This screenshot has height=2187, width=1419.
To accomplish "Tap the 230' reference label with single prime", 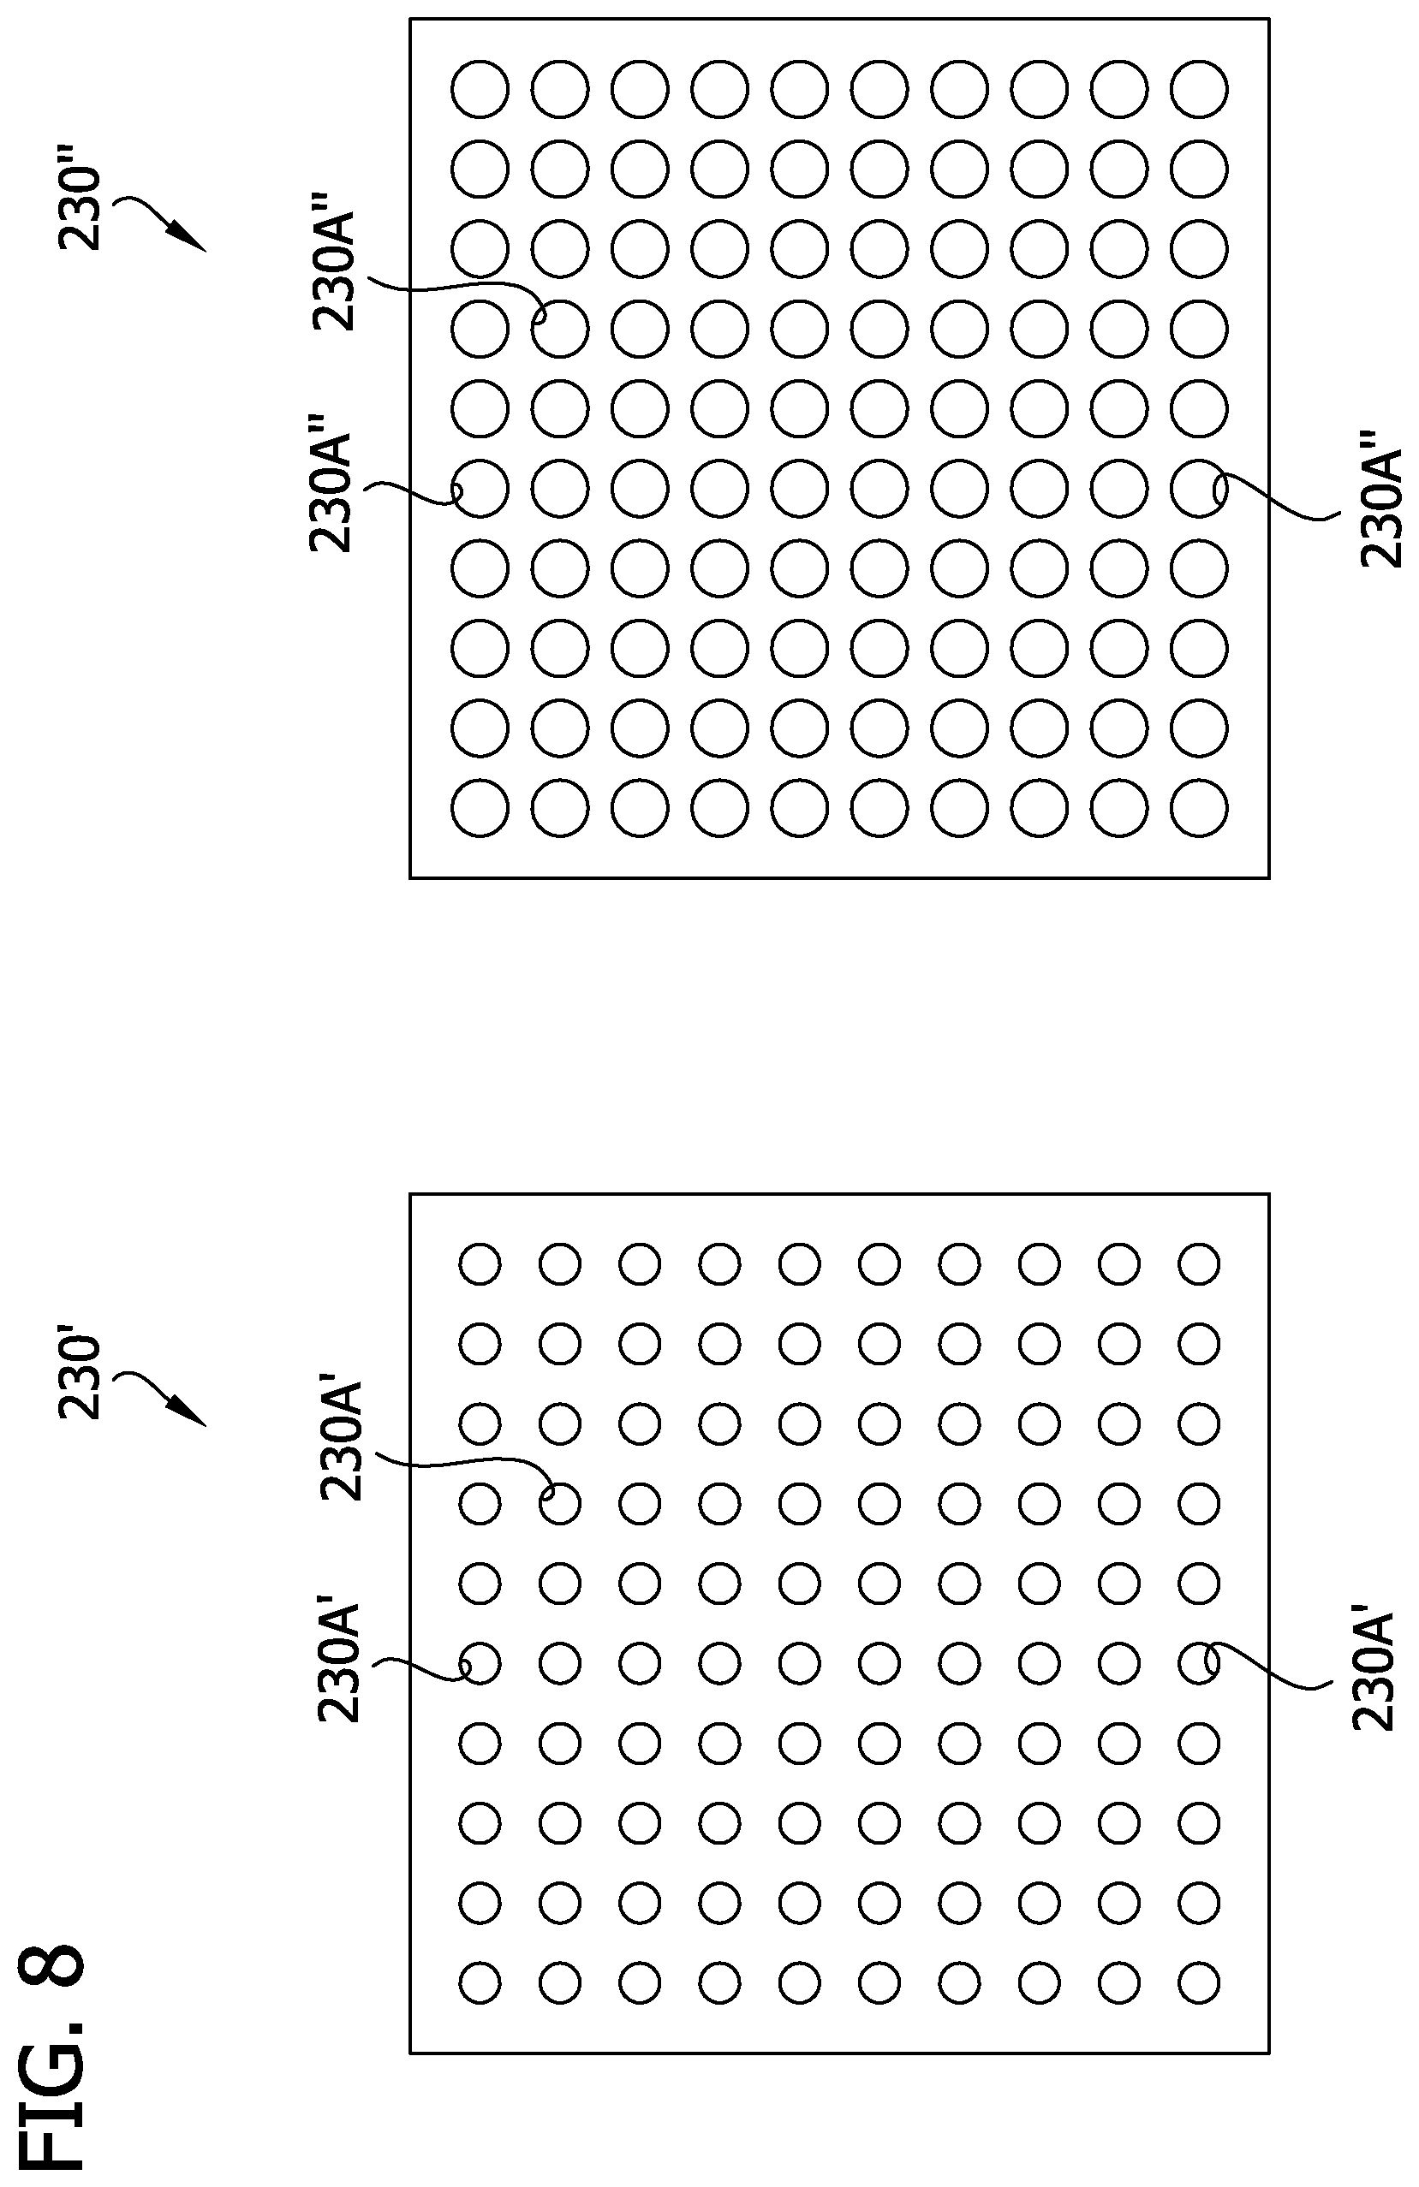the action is click(x=79, y=1378).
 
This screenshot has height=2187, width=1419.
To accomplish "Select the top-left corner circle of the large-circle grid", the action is click(x=480, y=89).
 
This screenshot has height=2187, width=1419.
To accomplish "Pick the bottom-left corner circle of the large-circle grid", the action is click(x=480, y=809).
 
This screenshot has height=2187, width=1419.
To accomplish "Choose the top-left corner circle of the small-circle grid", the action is click(x=480, y=1263).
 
